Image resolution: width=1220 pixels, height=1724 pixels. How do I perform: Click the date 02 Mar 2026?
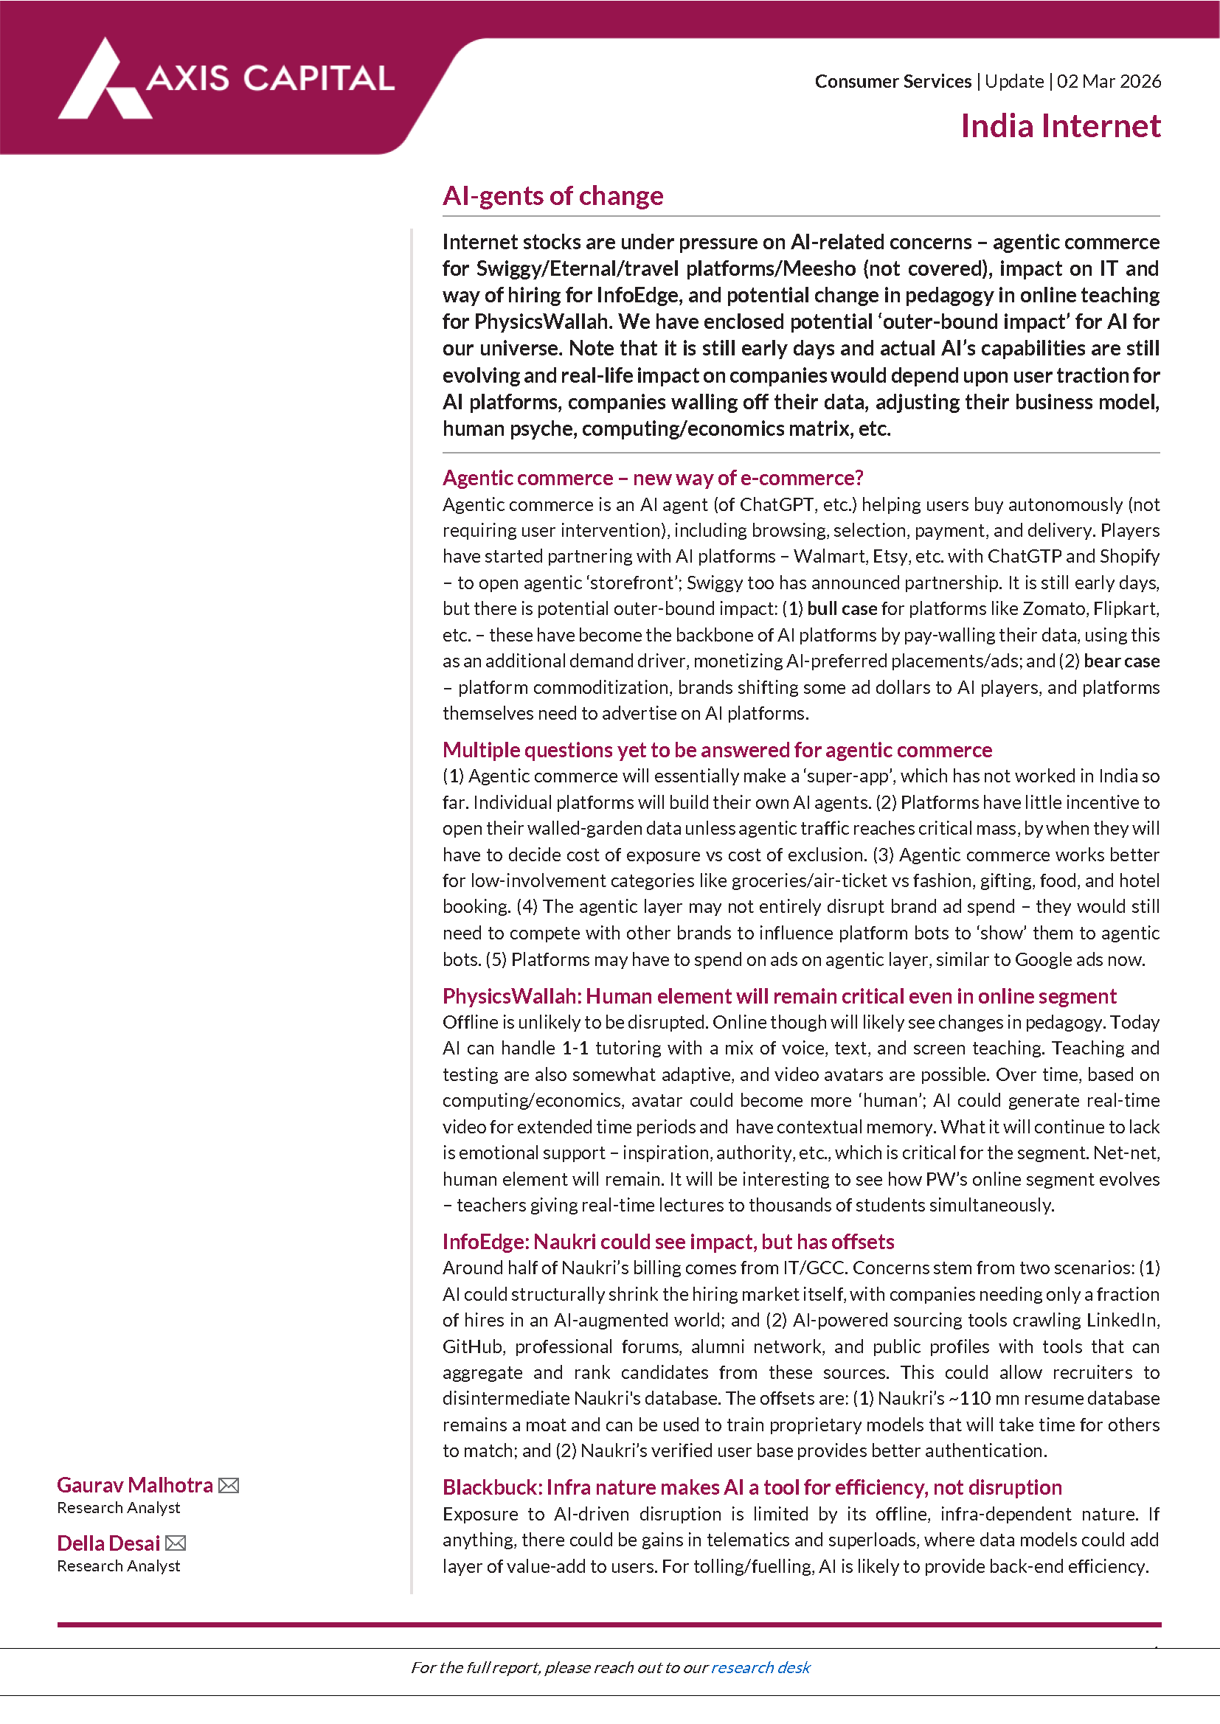1108,81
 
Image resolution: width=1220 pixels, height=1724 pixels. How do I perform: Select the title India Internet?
1060,126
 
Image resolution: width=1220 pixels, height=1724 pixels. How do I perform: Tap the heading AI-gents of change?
552,196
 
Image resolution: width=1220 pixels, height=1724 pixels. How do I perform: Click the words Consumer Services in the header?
893,81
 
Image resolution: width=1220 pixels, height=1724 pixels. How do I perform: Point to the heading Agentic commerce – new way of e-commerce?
652,478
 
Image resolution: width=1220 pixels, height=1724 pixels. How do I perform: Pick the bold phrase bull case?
842,609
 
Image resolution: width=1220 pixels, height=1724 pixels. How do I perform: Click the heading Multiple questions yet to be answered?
717,749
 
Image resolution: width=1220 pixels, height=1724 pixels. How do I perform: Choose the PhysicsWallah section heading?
779,995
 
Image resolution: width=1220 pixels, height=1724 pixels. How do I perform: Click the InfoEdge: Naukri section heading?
668,1241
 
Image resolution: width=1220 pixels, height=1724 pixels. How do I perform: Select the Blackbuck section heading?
752,1487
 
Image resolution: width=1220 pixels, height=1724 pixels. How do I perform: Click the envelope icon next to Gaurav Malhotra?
229,1485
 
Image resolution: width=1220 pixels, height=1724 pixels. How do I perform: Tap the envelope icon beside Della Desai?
176,1543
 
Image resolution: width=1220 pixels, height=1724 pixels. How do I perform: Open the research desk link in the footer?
760,1667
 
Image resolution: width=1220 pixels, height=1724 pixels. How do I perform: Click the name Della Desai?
108,1543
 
